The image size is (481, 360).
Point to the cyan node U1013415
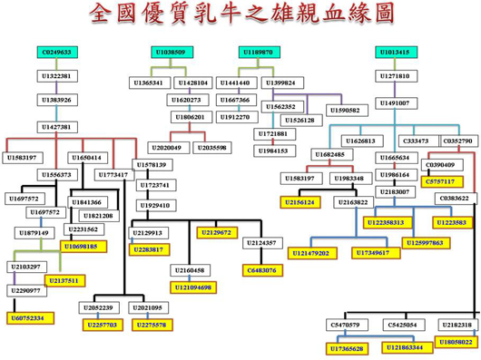pos(394,53)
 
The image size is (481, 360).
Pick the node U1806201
pos(190,117)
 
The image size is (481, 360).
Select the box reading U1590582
pos(344,110)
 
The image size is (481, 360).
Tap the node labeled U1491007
pos(394,102)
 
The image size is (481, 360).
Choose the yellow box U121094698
pos(191,287)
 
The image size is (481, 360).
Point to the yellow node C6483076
pos(262,269)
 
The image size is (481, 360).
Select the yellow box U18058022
pos(455,342)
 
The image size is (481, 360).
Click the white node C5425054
pos(401,324)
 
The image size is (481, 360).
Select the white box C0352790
pos(457,141)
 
